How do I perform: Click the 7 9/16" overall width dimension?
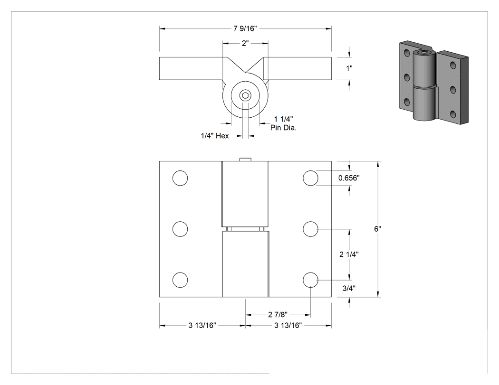tap(245, 28)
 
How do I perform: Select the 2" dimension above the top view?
tap(245, 43)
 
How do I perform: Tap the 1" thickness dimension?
tap(349, 68)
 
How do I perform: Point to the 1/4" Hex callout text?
tap(215, 136)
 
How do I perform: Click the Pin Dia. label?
tap(284, 128)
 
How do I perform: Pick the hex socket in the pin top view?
tap(245, 95)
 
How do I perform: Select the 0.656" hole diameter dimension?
tap(349, 178)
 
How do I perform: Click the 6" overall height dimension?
tap(378, 229)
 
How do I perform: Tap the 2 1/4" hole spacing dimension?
tap(349, 254)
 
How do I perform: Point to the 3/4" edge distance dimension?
tap(349, 288)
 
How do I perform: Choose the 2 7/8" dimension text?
tap(278, 315)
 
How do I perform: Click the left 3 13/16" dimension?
tap(202, 325)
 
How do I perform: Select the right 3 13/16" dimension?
tap(288, 325)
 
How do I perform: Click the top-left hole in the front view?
tap(180, 178)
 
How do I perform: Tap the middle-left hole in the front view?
tap(180, 229)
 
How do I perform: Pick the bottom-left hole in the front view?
tap(180, 280)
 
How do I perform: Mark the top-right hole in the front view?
tap(310, 178)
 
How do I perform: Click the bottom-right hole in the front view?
tap(310, 280)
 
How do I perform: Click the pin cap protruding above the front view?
tap(245, 160)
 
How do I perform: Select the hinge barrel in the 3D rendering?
tap(424, 86)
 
